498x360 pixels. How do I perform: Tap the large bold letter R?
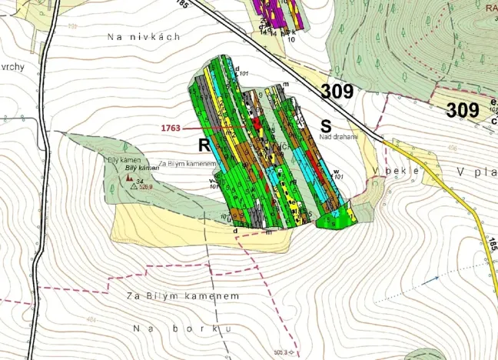tap(204, 145)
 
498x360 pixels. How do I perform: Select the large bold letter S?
tap(326, 125)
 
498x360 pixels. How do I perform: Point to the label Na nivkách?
tap(144, 36)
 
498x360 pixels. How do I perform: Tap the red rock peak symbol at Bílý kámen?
tap(128, 177)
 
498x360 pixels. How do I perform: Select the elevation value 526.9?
tap(146, 186)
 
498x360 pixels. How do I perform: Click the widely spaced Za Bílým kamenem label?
tap(183, 296)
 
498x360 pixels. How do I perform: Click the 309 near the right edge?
tap(463, 110)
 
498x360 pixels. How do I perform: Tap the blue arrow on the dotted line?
tap(436, 277)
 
